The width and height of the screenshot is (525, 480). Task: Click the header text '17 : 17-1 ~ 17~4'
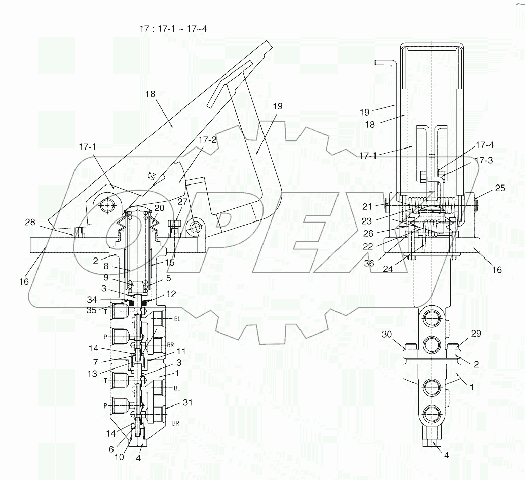[173, 29]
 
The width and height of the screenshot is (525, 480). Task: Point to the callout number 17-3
[484, 161]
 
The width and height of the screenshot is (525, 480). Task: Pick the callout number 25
[500, 188]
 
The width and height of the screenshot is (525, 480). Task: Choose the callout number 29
[476, 334]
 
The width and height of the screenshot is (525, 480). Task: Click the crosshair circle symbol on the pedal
[150, 176]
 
